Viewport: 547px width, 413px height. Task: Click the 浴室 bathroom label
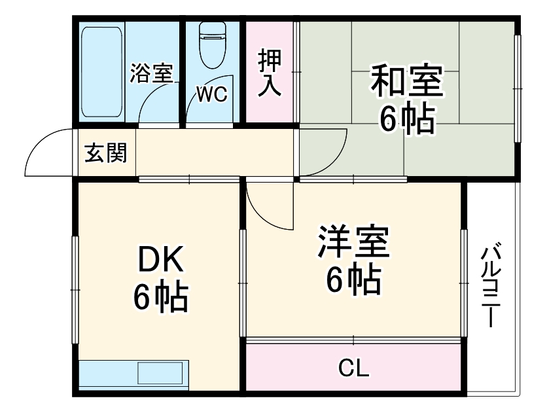[x=151, y=73]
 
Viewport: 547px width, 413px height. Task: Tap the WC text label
[x=211, y=96]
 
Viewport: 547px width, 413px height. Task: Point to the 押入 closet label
[x=270, y=73]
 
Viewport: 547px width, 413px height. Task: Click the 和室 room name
[x=406, y=81]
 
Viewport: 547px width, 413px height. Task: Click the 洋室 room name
[x=354, y=242]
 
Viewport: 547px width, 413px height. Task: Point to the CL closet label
[x=353, y=369]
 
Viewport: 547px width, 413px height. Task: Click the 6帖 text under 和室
[x=406, y=119]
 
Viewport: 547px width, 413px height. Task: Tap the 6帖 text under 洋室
[x=354, y=280]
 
